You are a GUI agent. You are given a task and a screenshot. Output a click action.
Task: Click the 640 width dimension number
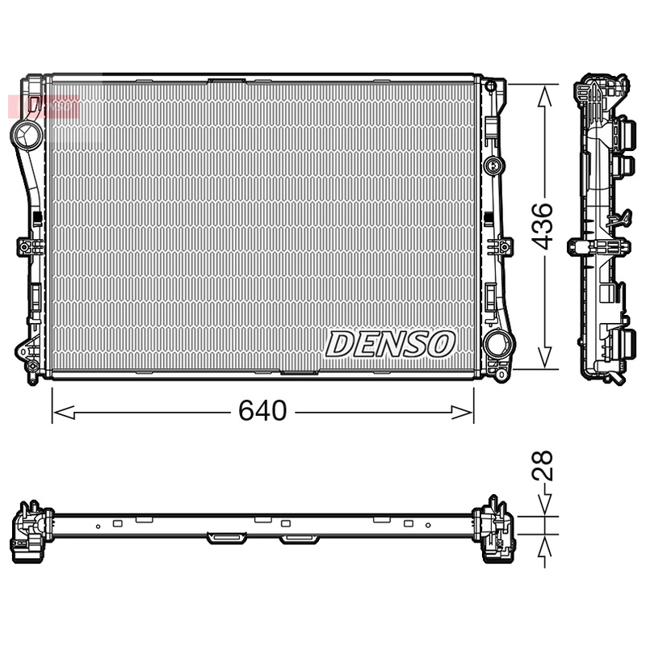coord(262,412)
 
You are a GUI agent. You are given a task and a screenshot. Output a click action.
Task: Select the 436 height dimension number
coord(543,226)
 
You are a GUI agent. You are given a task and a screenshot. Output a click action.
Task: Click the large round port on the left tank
coord(27,132)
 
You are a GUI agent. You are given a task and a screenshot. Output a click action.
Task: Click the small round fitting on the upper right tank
coord(493,166)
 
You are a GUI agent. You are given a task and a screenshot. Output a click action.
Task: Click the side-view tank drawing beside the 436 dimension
coord(602,230)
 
